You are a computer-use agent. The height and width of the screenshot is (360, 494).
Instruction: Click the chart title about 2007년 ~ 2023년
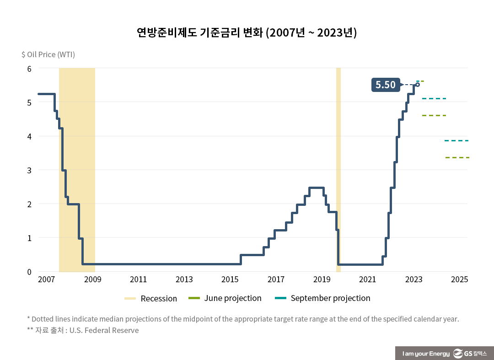(247, 33)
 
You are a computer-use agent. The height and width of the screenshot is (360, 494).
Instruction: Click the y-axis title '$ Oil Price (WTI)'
(48, 54)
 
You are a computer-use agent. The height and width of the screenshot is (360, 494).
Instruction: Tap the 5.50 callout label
(385, 85)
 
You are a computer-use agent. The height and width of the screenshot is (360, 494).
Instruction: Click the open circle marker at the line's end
(418, 85)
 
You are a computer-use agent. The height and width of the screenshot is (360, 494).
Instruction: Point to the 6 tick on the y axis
(29, 69)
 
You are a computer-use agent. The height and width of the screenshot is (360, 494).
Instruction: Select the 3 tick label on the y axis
(29, 170)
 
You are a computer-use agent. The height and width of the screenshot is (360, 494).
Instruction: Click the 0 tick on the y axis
(29, 272)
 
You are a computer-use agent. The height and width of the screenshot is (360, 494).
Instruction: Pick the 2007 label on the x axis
(47, 279)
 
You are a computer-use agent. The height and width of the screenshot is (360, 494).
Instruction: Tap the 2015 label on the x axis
(230, 279)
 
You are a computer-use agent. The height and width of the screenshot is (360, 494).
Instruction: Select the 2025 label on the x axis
(459, 279)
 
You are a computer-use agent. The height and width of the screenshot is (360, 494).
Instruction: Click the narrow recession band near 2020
(338, 169)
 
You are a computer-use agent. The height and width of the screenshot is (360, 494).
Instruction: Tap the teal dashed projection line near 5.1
(434, 98)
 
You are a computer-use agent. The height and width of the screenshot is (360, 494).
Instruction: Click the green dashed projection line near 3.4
(457, 157)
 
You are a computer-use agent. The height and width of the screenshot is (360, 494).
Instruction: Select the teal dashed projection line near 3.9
(456, 140)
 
